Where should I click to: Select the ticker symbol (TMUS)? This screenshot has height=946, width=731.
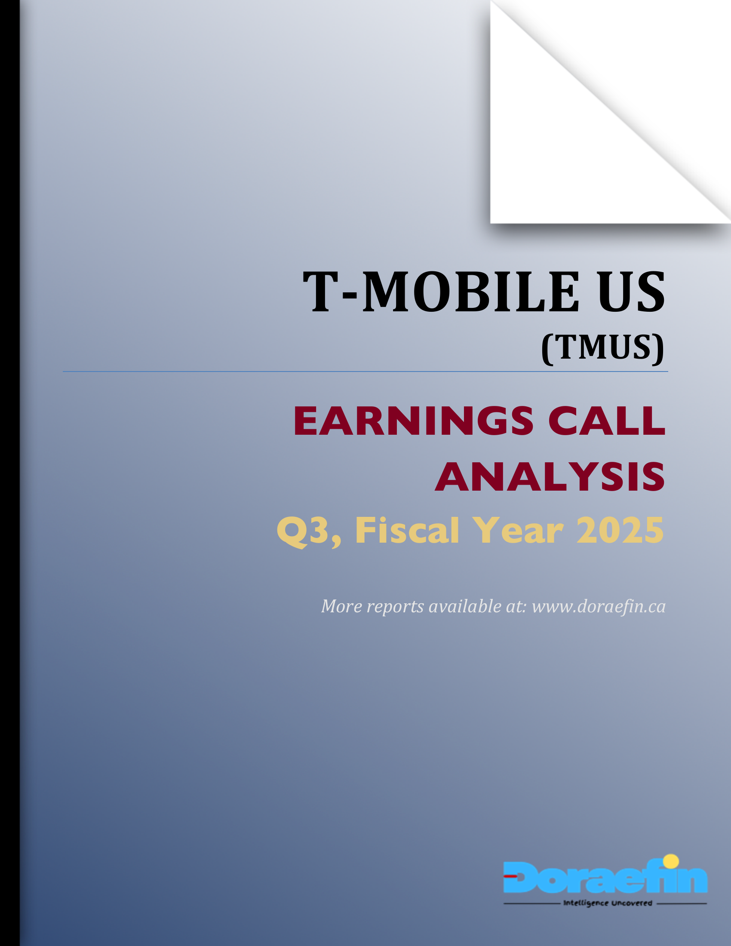pos(602,347)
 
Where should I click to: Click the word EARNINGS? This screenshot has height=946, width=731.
pos(414,421)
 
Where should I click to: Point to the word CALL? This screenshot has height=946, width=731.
pos(607,421)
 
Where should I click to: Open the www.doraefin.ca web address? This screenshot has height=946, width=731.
pos(599,606)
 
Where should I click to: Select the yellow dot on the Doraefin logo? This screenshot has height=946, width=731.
pos(671,862)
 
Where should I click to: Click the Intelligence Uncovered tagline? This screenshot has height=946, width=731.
pos(608,903)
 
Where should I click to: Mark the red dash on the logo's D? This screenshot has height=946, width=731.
pos(510,876)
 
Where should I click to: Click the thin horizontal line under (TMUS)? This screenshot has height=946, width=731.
pos(365,372)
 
